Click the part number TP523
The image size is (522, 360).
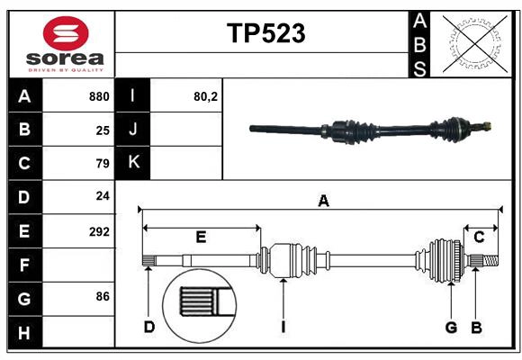pyautogui.click(x=265, y=33)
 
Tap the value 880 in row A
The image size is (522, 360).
pyautogui.click(x=99, y=96)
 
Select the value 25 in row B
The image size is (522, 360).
pyautogui.click(x=103, y=130)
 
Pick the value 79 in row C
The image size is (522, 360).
pyautogui.click(x=103, y=164)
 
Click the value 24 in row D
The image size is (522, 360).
pyautogui.click(x=103, y=196)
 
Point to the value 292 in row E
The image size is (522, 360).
pyautogui.click(x=99, y=231)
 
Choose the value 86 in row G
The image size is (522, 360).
pyautogui.click(x=103, y=296)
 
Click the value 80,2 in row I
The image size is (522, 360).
pyautogui.click(x=206, y=96)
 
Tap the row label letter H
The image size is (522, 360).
pyautogui.click(x=24, y=334)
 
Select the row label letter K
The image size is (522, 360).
pyautogui.click(x=133, y=163)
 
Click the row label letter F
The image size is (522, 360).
pyautogui.click(x=24, y=265)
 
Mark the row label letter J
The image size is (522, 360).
pyautogui.click(x=133, y=130)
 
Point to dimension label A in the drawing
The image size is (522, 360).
pyautogui.click(x=323, y=201)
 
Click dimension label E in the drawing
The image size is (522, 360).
pyautogui.click(x=201, y=238)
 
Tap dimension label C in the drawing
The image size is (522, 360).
pyautogui.click(x=479, y=238)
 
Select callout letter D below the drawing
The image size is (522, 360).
pyautogui.click(x=148, y=327)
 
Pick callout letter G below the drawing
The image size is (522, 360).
pyautogui.click(x=451, y=327)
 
